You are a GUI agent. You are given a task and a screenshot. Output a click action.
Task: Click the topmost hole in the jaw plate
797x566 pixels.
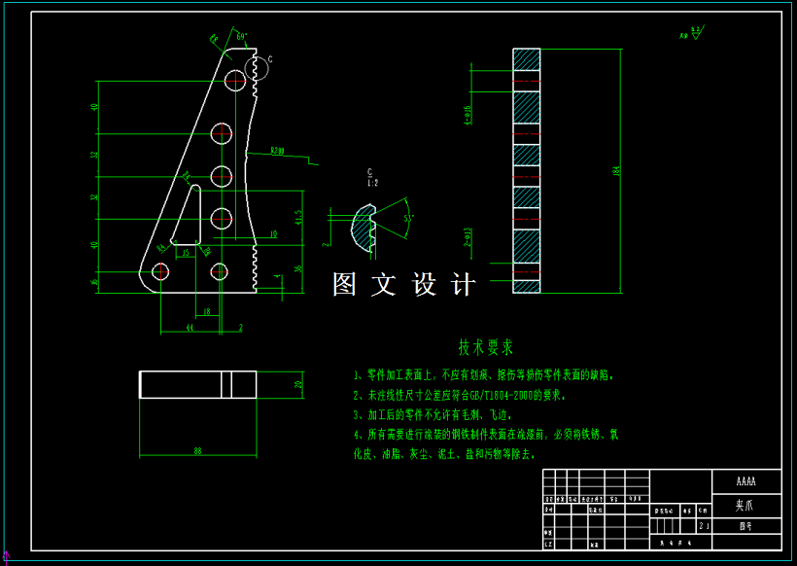coord(236,79)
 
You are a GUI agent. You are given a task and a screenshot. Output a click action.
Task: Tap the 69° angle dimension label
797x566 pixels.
coord(242,36)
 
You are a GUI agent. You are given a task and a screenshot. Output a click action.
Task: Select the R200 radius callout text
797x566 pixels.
coord(278,151)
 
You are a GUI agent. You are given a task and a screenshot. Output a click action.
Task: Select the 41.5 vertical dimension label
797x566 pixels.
coord(298,216)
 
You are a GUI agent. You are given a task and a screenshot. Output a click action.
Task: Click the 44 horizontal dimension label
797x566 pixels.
coord(190,329)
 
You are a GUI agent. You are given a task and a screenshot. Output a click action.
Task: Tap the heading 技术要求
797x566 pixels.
coord(486,346)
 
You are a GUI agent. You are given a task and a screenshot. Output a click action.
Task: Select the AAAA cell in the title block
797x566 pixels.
coord(745,481)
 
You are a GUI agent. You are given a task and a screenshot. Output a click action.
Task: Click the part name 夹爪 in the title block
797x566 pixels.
coord(745,506)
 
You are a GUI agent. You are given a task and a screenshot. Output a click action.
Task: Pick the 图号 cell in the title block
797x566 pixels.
coord(745,525)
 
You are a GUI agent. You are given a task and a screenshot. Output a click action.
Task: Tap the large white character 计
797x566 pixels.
coord(464,285)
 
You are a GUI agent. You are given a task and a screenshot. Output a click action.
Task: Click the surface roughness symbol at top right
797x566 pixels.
coord(693,34)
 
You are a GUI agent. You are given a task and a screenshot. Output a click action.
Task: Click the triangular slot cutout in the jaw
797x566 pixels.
coord(188,216)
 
